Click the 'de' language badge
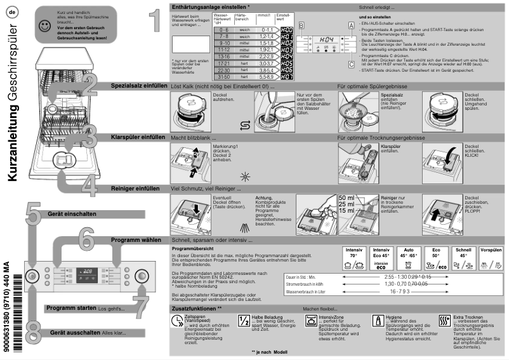pyautogui.click(x=13, y=12)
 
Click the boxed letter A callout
pyautogui.click(x=350, y=24)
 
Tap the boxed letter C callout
pyautogui.click(x=350, y=63)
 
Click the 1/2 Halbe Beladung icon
pyautogui.click(x=244, y=320)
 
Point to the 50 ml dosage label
pyautogui.click(x=347, y=198)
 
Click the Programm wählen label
pyautogui.click(x=136, y=240)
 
